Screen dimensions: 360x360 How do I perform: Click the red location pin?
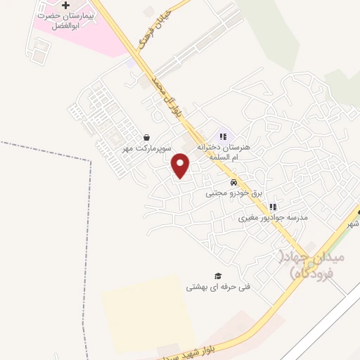tap(181, 165)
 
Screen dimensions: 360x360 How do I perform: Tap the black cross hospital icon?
tap(66, 5)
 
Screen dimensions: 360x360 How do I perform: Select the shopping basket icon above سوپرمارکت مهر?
tap(146, 138)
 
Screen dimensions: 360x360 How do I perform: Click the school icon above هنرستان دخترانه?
tap(223, 136)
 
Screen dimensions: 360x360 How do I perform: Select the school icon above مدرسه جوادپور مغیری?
tap(274, 207)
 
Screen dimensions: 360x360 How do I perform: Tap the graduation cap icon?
tap(218, 276)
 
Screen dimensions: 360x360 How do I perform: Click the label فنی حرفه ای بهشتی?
tap(218, 286)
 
